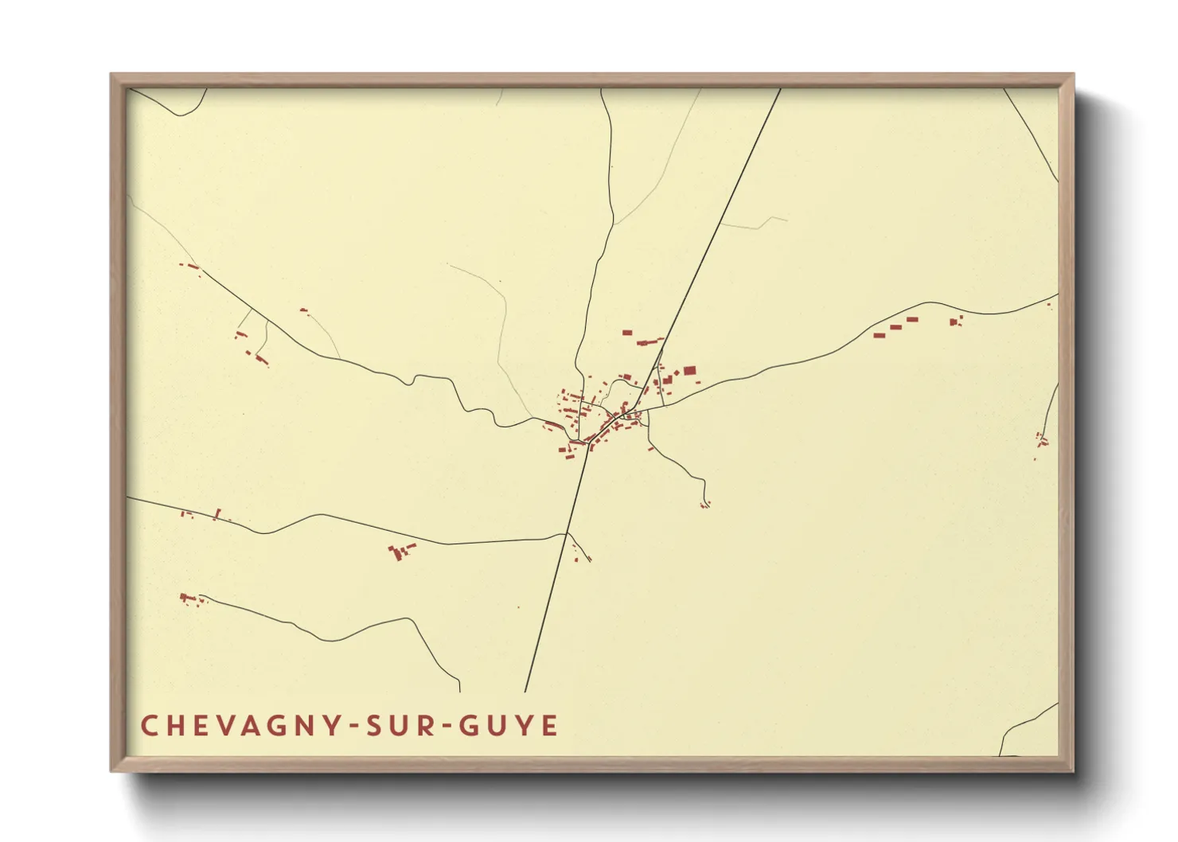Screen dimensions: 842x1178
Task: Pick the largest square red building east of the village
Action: coord(689,370)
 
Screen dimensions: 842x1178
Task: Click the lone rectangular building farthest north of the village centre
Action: coord(626,332)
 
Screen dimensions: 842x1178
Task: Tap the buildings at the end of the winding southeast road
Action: coord(704,504)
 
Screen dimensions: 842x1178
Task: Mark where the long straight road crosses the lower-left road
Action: coord(566,536)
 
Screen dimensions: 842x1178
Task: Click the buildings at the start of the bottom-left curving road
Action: coord(189,598)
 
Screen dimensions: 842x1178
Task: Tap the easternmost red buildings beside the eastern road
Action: coord(956,322)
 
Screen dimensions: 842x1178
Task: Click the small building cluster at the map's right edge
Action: coord(1041,439)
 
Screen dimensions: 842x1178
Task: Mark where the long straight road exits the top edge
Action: coord(780,89)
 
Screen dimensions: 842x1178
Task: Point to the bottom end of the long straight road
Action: coord(525,690)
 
